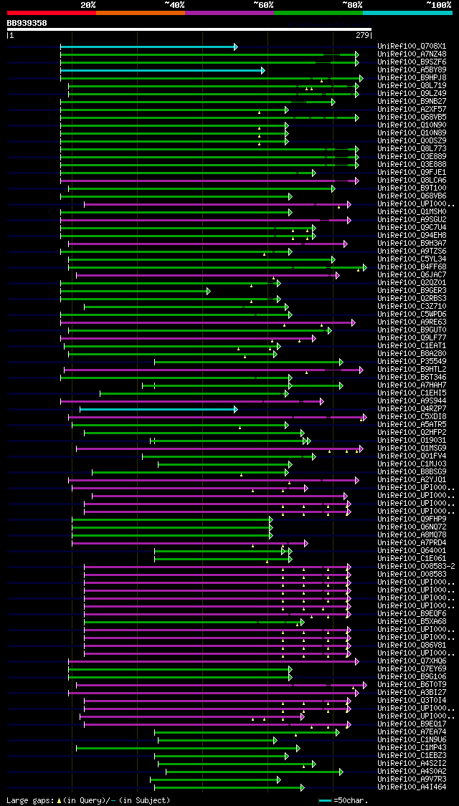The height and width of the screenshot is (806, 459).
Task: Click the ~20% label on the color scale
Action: point(87,5)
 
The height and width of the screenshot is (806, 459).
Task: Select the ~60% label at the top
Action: point(263,5)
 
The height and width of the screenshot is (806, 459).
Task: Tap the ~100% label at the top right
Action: point(438,5)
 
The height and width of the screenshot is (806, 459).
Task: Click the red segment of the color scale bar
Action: point(51,13)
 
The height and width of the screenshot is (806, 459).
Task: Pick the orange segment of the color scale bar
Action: point(140,13)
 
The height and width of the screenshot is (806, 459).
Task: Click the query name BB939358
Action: point(27,23)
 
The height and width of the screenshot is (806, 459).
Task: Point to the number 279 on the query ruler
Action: point(362,35)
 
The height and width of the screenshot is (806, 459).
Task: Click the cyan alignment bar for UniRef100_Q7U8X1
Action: point(148,47)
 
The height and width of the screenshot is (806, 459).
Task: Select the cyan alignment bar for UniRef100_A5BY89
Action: point(162,70)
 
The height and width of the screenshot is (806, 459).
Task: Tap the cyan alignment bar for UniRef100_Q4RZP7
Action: point(158,409)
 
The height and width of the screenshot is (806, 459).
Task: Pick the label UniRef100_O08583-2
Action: point(416,567)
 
